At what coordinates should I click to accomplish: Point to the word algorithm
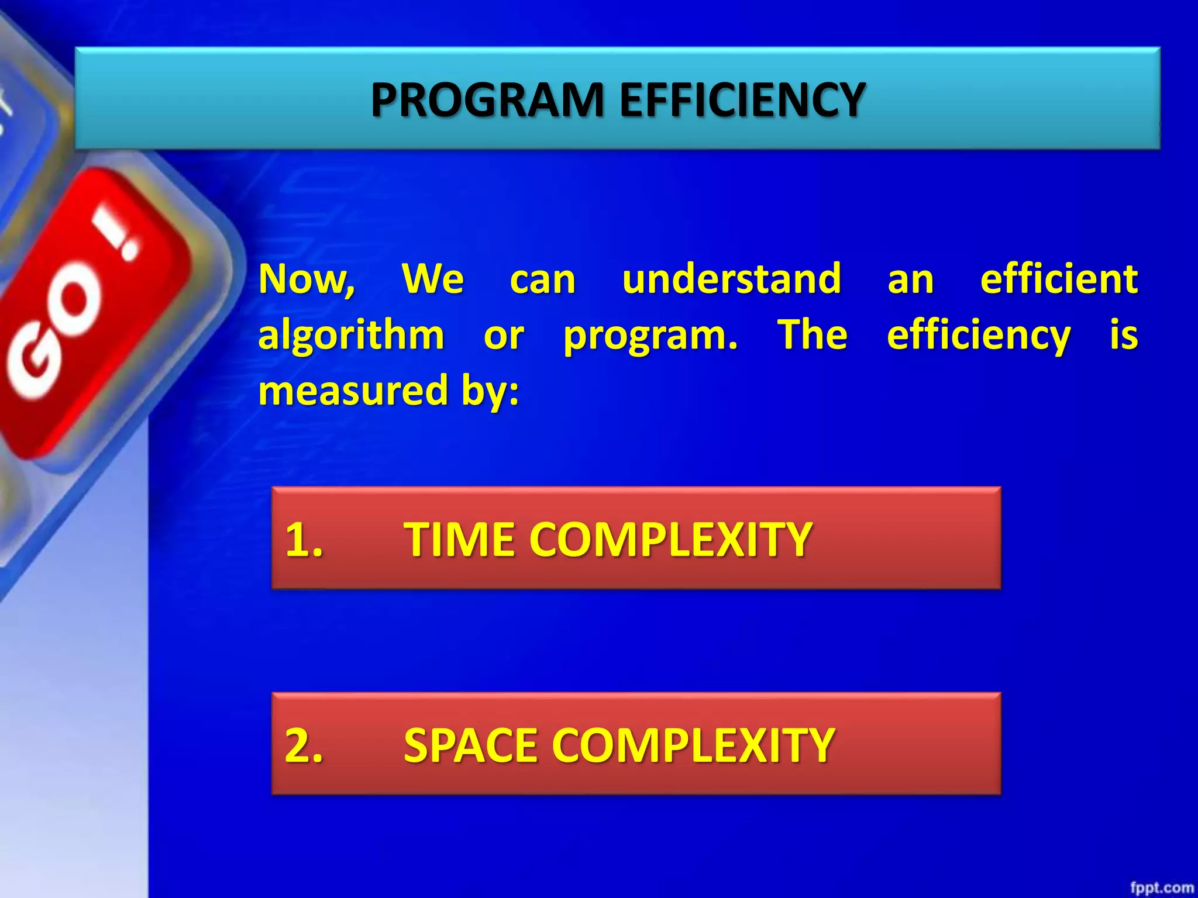pyautogui.click(x=351, y=336)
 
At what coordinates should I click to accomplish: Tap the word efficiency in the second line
pyautogui.click(x=979, y=337)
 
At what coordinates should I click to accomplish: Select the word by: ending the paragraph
pyautogui.click(x=490, y=392)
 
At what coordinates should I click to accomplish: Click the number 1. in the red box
pyautogui.click(x=304, y=539)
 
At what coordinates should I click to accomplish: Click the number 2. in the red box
pyautogui.click(x=304, y=745)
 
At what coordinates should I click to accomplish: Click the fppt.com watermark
pyautogui.click(x=1162, y=887)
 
